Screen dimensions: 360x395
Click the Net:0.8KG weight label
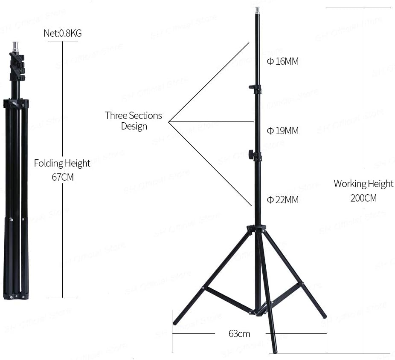[62, 33]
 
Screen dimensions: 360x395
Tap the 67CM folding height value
[62, 177]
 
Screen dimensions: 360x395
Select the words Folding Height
[62, 163]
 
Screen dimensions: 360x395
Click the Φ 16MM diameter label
[283, 61]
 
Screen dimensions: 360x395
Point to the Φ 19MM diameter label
[283, 131]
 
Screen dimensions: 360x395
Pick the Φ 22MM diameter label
[283, 199]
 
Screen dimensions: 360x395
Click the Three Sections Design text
[134, 121]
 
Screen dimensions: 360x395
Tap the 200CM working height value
[363, 198]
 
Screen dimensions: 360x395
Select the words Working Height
[363, 184]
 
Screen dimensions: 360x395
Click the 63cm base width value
[239, 334]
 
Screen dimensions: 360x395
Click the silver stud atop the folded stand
[16, 46]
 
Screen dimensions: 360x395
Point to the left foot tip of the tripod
[175, 323]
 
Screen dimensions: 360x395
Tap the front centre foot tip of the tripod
[275, 351]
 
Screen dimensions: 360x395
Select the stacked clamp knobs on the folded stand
[17, 67]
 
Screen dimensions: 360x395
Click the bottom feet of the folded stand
[16, 296]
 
